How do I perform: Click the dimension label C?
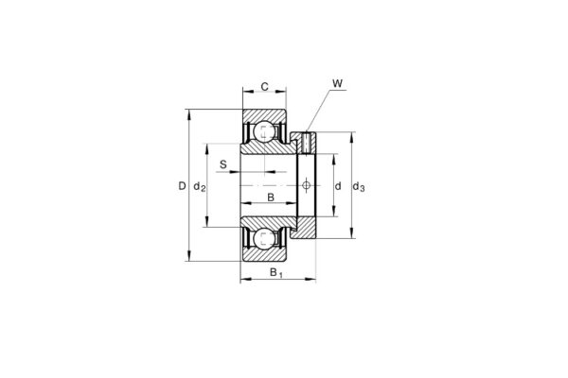pos(265,87)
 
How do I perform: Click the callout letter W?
pos(337,84)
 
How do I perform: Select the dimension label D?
pos(181,187)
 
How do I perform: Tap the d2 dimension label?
pos(199,187)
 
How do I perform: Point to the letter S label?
pos(223,165)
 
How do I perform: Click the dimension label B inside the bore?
pos(271,198)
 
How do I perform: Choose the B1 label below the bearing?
pos(275,274)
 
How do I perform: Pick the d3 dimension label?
pos(359,187)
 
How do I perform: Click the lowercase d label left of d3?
pos(338,187)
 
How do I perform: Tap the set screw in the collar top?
pos(306,143)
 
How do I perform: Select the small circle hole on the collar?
pos(306,186)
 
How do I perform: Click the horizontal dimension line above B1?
pos(277,280)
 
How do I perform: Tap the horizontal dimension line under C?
pos(265,95)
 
